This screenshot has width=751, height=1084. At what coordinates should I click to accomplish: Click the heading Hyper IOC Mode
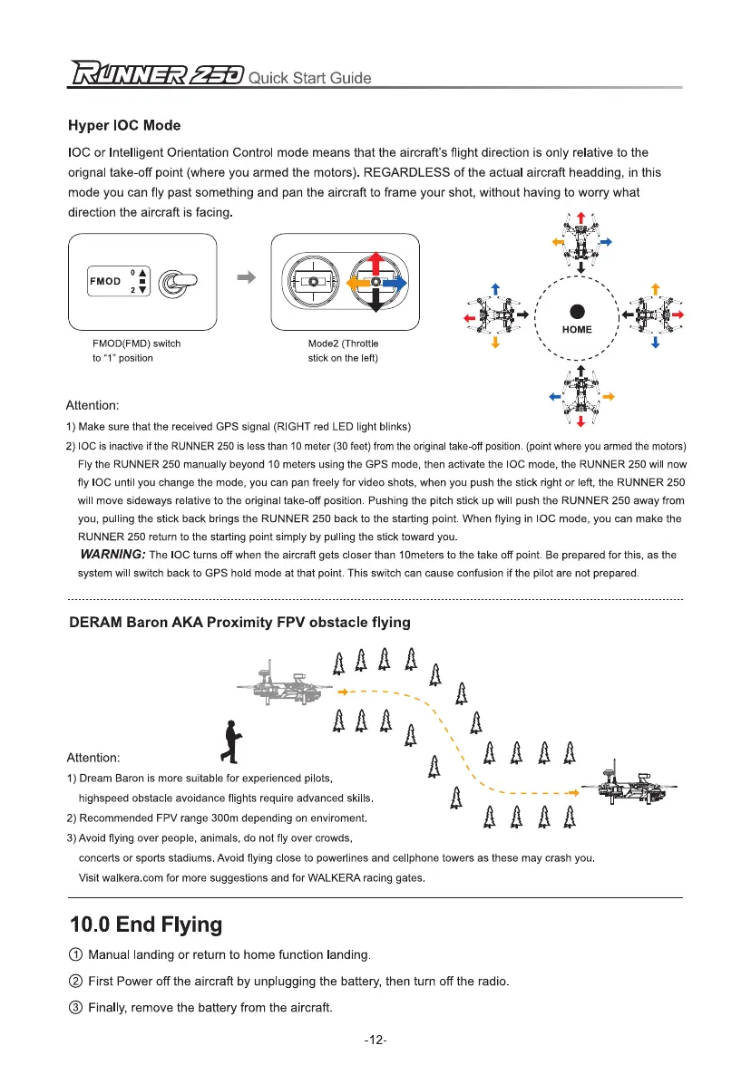click(x=125, y=125)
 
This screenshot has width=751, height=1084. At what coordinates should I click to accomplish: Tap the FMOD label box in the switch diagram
click(x=105, y=281)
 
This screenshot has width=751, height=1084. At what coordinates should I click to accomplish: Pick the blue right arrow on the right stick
click(x=395, y=282)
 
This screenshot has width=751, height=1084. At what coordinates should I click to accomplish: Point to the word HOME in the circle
click(x=577, y=330)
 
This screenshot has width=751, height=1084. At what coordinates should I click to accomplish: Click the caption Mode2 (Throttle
click(x=344, y=344)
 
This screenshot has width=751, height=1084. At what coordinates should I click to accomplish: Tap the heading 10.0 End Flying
click(x=146, y=925)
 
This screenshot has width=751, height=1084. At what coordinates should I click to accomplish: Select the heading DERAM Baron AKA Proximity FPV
click(x=240, y=623)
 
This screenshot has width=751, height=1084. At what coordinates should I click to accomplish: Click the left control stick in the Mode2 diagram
click(x=313, y=282)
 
